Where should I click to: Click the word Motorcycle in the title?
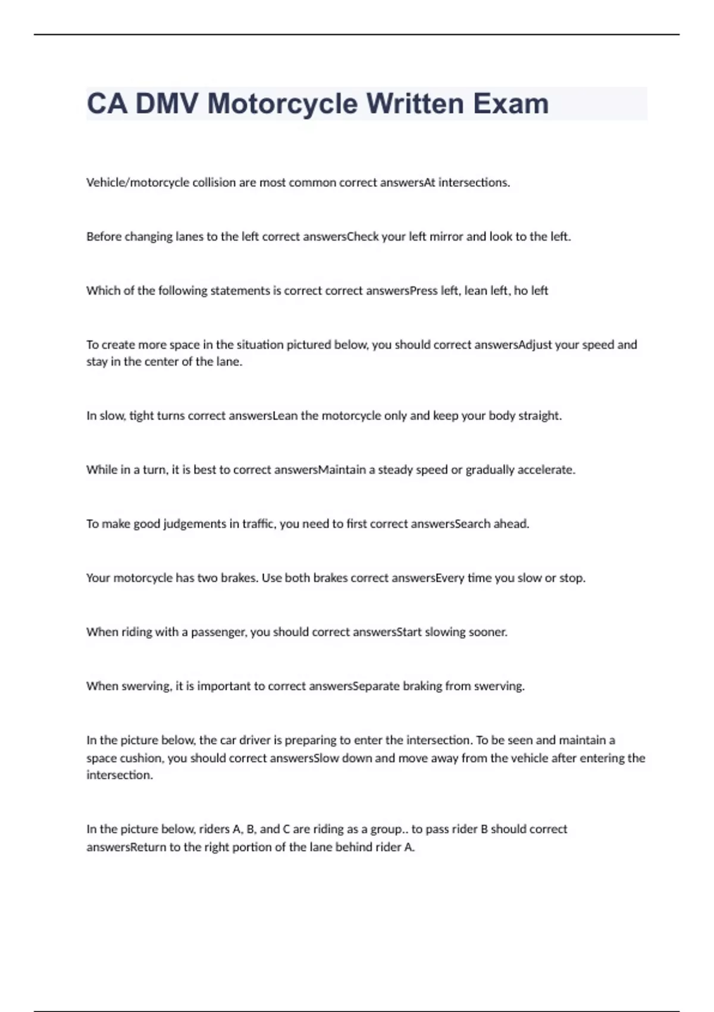tap(281, 104)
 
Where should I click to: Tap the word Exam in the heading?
tap(511, 104)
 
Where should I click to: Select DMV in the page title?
tap(167, 104)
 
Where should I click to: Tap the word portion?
tap(262, 847)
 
